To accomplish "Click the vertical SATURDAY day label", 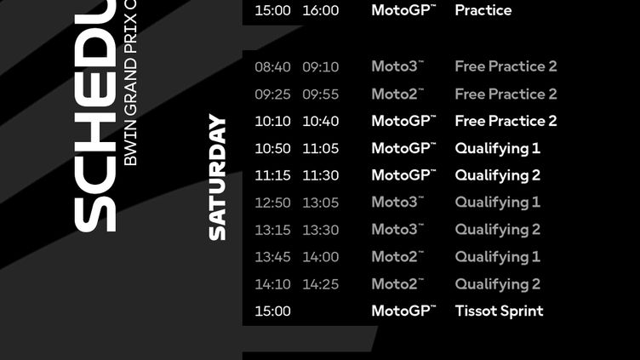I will click(218, 177).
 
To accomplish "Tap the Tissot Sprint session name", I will click(499, 311).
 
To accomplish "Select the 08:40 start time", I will click(272, 66).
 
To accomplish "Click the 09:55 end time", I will click(320, 94).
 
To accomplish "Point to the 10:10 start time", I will click(272, 121).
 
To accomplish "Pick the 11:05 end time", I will click(320, 148).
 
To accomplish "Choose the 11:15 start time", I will click(272, 175).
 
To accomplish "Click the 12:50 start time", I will click(272, 203).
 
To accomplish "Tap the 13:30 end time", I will click(320, 230).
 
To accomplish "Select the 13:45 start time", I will click(272, 257).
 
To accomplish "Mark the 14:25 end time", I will click(320, 284).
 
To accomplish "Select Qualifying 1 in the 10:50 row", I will click(497, 148).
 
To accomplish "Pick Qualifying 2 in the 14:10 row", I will click(497, 284).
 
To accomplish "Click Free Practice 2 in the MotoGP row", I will click(506, 121).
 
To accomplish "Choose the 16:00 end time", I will click(320, 10).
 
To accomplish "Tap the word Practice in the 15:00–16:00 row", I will click(483, 10).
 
